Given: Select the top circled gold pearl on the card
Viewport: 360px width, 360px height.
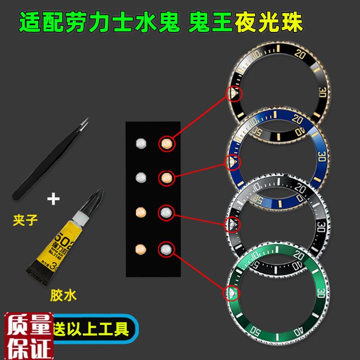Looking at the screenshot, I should [x=166, y=144].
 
